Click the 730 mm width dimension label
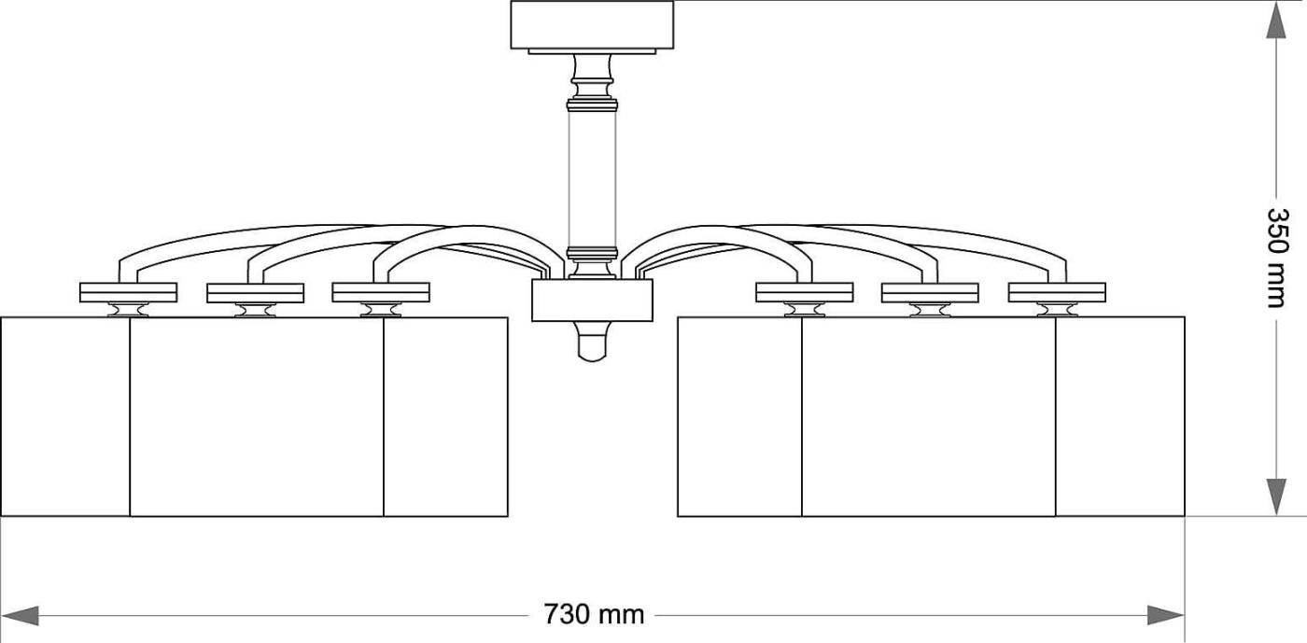point(594,614)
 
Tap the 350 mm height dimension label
point(1277,258)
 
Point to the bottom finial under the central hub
point(592,342)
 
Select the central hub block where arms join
point(592,300)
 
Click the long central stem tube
point(592,179)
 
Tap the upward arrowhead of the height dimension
point(1277,21)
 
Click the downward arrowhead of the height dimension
point(1277,497)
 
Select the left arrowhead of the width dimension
point(20,616)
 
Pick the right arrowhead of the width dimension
point(1166,616)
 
